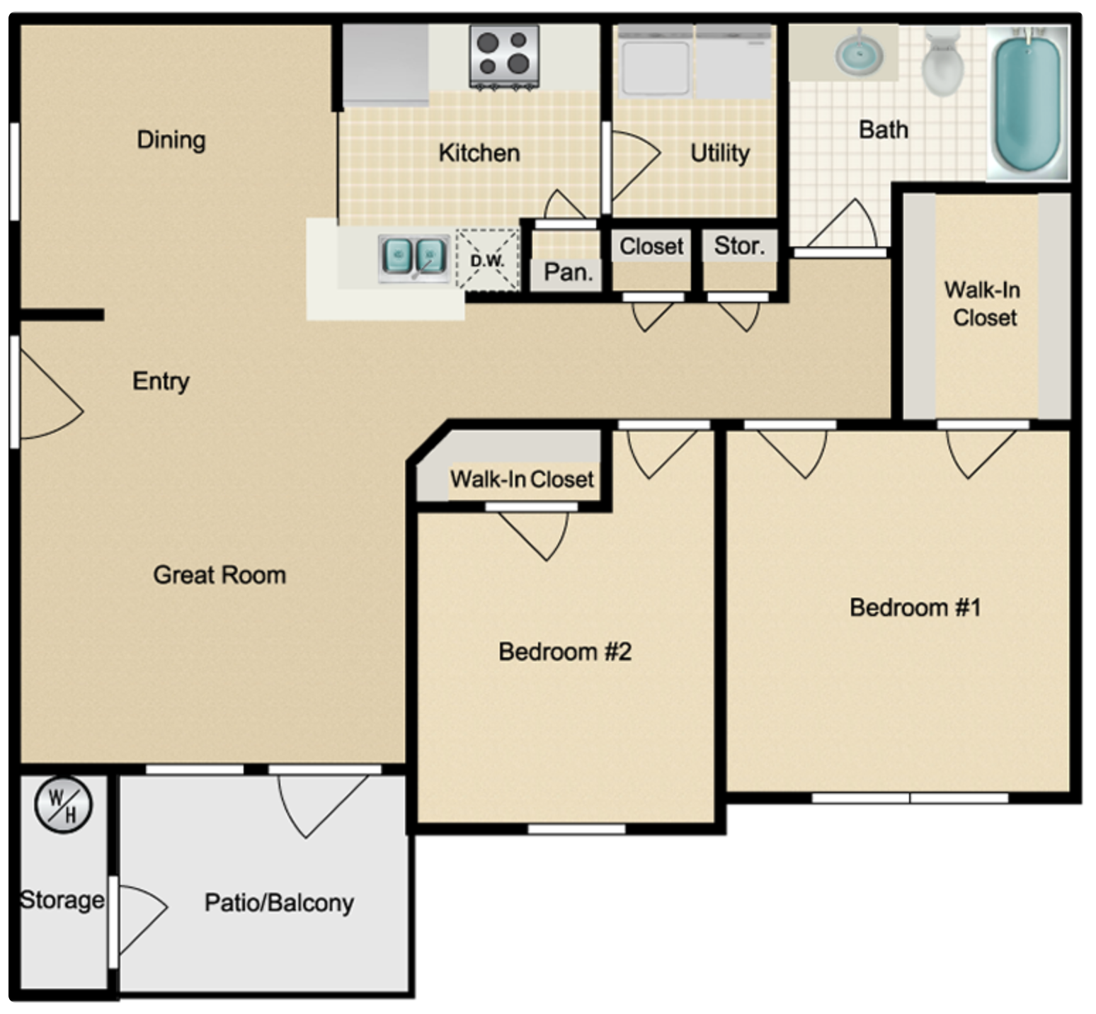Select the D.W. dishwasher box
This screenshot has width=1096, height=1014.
(487, 261)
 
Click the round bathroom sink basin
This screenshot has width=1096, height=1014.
(859, 54)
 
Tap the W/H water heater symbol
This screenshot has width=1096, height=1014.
(63, 805)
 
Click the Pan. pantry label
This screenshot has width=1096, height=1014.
(568, 272)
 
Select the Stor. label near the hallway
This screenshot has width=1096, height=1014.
(739, 246)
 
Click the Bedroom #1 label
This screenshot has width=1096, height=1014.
(915, 608)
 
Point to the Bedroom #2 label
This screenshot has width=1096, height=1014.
(564, 651)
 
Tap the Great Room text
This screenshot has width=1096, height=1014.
(219, 575)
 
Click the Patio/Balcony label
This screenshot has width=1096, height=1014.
(279, 903)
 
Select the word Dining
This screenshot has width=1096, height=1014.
(171, 139)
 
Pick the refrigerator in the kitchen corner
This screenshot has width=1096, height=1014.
(386, 64)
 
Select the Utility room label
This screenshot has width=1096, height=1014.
(719, 153)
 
